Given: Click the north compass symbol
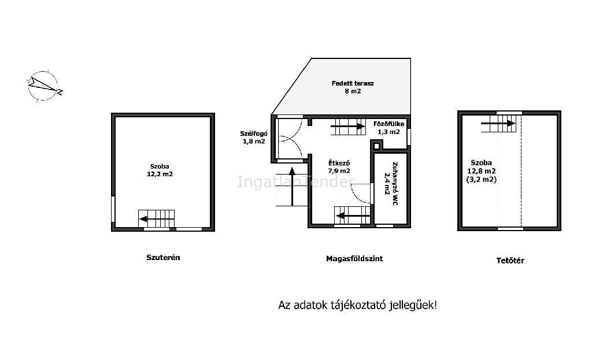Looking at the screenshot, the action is tap(43, 86).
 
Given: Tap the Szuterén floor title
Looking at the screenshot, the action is tap(163, 257).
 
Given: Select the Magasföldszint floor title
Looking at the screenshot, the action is tap(354, 258).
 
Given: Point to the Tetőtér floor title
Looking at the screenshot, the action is tap(510, 260).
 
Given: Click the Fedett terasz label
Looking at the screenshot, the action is tap(353, 83).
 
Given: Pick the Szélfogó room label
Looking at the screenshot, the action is tap(254, 133).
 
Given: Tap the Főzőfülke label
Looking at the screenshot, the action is tap(389, 124).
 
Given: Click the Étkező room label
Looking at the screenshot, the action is tap(339, 163).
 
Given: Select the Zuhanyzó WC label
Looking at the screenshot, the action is tap(395, 183).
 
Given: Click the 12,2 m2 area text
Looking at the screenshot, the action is tap(160, 174).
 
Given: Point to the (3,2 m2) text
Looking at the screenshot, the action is tap(482, 180).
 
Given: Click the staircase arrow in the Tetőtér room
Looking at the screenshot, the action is tap(498, 123).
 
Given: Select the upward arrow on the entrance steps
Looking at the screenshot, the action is tap(292, 187).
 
